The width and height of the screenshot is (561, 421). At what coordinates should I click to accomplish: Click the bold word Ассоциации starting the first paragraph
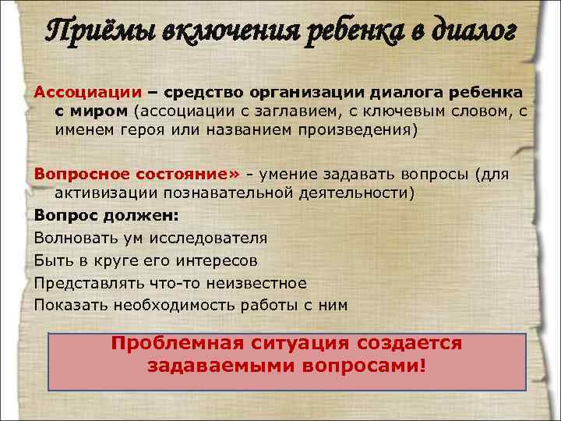[x=76, y=92]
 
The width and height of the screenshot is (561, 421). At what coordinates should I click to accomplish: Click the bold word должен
[x=143, y=214]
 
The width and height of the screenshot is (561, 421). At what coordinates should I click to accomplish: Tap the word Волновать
[x=72, y=238]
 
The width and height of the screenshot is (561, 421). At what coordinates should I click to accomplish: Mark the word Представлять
[x=82, y=282]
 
